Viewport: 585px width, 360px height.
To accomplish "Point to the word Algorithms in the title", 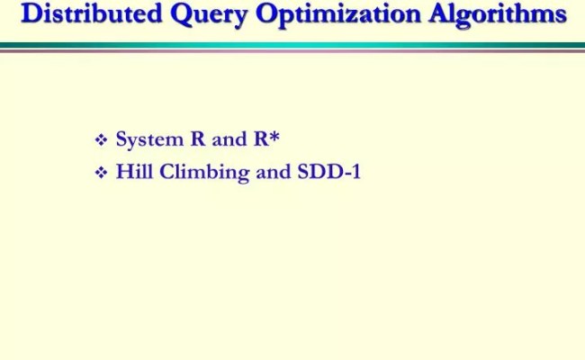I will coord(487,15).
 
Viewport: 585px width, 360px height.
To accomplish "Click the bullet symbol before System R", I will coord(101,140).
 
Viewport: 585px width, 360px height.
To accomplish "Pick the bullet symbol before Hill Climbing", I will coord(101,173).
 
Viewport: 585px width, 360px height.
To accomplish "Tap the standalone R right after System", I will coord(198,139).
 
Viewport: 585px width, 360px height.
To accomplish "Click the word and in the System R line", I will coord(229,139).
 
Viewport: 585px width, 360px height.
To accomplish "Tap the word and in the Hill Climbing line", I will coord(273,171).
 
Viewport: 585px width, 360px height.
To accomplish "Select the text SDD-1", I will coord(328,171).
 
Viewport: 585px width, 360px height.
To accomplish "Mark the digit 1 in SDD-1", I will coord(355,171).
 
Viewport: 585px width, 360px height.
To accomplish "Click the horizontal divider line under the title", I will coord(292,46).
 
